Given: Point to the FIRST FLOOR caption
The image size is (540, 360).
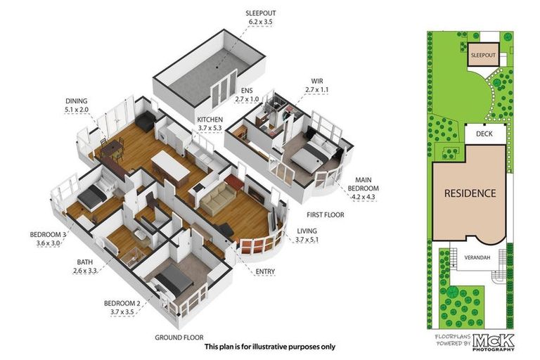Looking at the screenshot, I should (x=325, y=214).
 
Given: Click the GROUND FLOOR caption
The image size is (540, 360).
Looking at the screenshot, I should (x=179, y=337).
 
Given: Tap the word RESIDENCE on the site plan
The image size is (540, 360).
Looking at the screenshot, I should (x=469, y=193).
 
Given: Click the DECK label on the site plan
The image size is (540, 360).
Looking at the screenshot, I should (x=483, y=134).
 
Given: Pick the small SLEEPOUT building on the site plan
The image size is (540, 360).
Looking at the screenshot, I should (x=482, y=54).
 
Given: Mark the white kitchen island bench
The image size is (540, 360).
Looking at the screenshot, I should (x=171, y=166).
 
